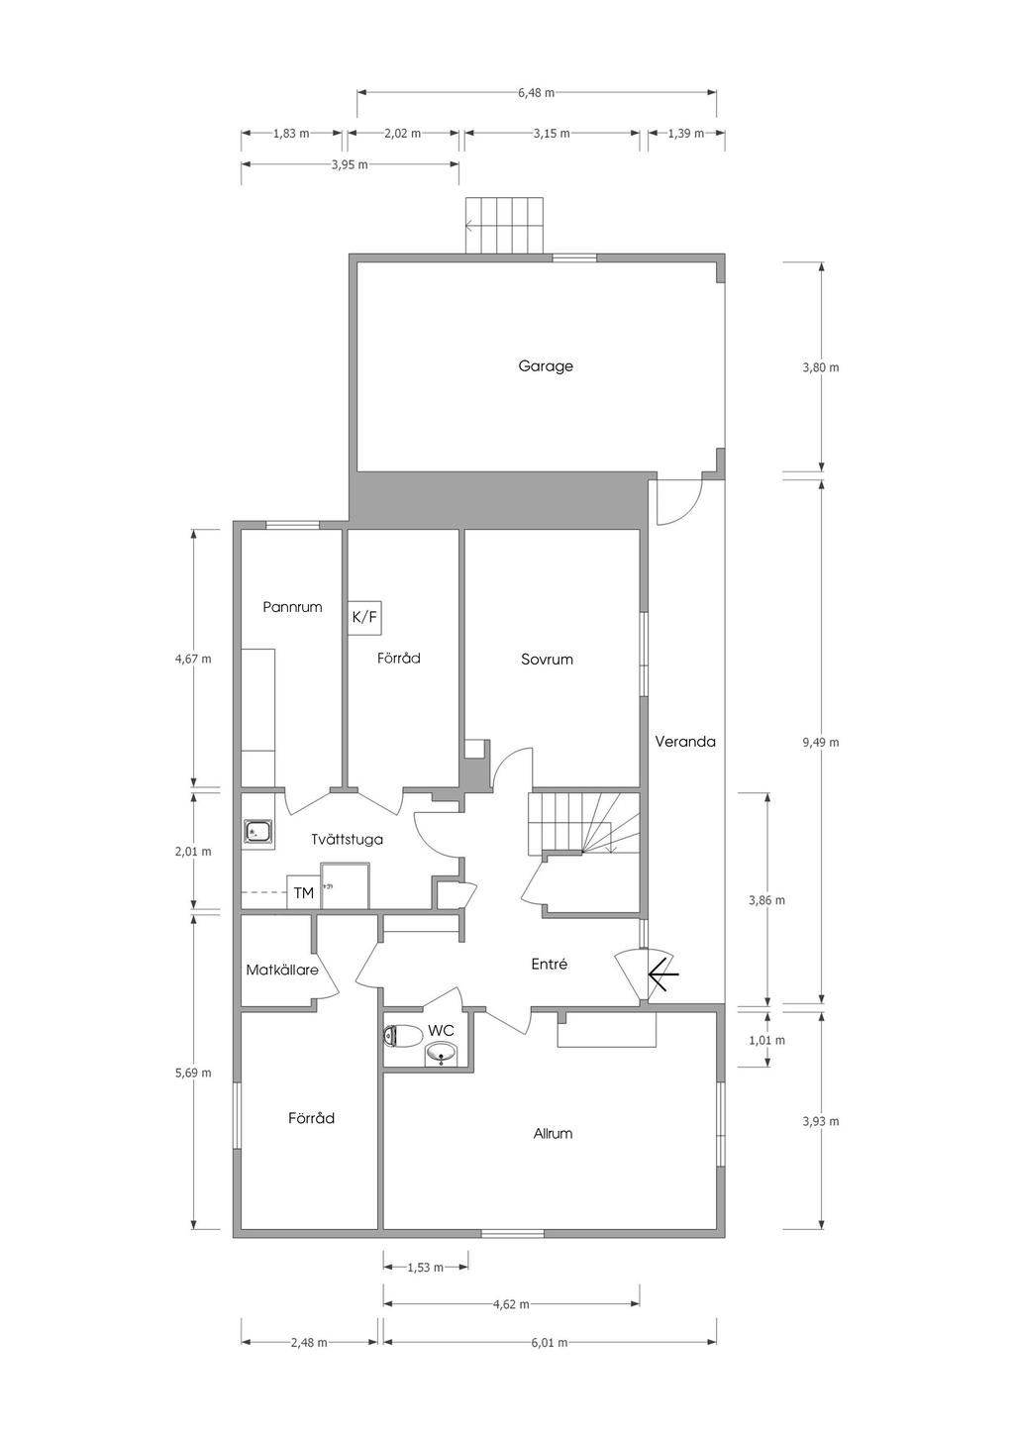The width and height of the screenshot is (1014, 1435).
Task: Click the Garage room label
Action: (x=545, y=366)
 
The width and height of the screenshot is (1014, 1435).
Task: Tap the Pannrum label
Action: (x=292, y=607)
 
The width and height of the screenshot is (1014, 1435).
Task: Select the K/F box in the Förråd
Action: (x=364, y=618)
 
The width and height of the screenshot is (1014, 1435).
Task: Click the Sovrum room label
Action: (x=547, y=660)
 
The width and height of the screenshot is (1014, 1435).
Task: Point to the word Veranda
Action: (x=685, y=741)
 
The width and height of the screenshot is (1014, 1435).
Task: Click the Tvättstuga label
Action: (x=348, y=839)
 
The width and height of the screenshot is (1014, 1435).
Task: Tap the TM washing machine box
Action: (x=304, y=891)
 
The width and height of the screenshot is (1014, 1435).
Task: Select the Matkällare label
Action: (x=282, y=970)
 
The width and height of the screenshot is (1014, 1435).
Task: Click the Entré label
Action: (x=549, y=964)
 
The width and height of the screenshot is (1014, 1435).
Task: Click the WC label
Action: (x=441, y=1030)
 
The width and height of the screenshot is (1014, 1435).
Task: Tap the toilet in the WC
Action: (x=403, y=1035)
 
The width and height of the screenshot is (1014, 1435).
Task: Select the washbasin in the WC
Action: (x=442, y=1054)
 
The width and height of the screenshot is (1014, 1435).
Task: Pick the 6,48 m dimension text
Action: (x=536, y=93)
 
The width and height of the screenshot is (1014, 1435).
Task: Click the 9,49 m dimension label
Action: (x=821, y=743)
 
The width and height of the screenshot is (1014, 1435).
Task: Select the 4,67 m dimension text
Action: (x=193, y=659)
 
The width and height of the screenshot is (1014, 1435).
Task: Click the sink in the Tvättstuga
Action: (x=258, y=832)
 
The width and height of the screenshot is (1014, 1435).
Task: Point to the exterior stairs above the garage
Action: (x=505, y=226)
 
